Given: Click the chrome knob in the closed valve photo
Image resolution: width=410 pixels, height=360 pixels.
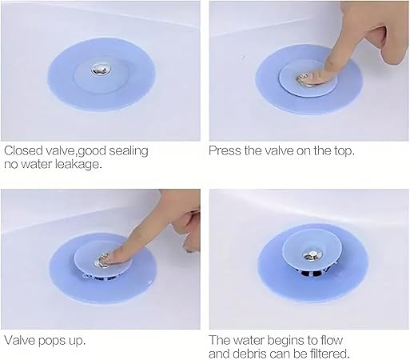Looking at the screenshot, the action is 101,70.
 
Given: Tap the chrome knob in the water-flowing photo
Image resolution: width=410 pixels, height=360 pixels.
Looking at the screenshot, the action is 312,255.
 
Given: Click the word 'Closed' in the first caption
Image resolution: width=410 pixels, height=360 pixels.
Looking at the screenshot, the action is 23,150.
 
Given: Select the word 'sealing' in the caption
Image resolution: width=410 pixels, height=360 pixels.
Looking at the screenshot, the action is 129,151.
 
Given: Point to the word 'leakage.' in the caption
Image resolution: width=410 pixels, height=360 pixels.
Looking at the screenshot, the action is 78,164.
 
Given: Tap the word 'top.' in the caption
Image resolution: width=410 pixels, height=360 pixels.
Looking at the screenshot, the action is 344,151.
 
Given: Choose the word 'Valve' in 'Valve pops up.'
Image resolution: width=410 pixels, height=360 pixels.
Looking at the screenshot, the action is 19,340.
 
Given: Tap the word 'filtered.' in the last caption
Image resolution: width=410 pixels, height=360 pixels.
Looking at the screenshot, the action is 330,354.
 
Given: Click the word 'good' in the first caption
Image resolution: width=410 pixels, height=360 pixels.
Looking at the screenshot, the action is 92,151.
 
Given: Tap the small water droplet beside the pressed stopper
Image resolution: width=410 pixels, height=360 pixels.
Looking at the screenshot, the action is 242,57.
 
